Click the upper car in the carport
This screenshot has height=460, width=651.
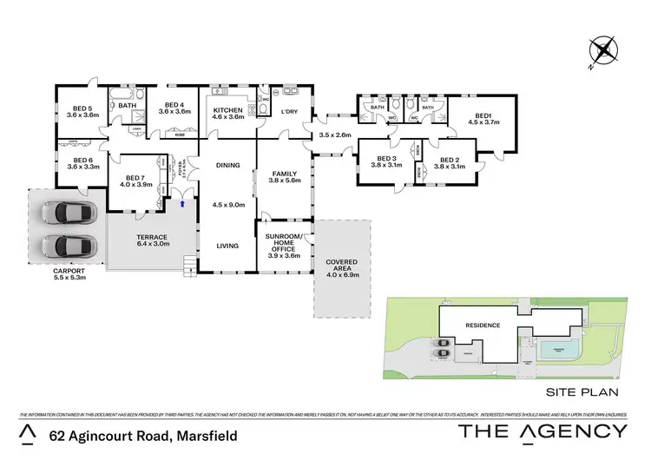point(66,213)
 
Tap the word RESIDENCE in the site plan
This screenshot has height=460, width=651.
point(483,325)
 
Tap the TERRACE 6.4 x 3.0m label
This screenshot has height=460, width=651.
point(152,241)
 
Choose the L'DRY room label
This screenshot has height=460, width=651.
point(287,111)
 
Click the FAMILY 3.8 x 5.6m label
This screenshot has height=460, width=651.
point(284,177)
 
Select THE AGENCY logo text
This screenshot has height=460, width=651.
point(542,431)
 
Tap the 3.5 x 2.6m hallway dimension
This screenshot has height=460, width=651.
point(335,135)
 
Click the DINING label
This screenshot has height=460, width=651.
point(227,165)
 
